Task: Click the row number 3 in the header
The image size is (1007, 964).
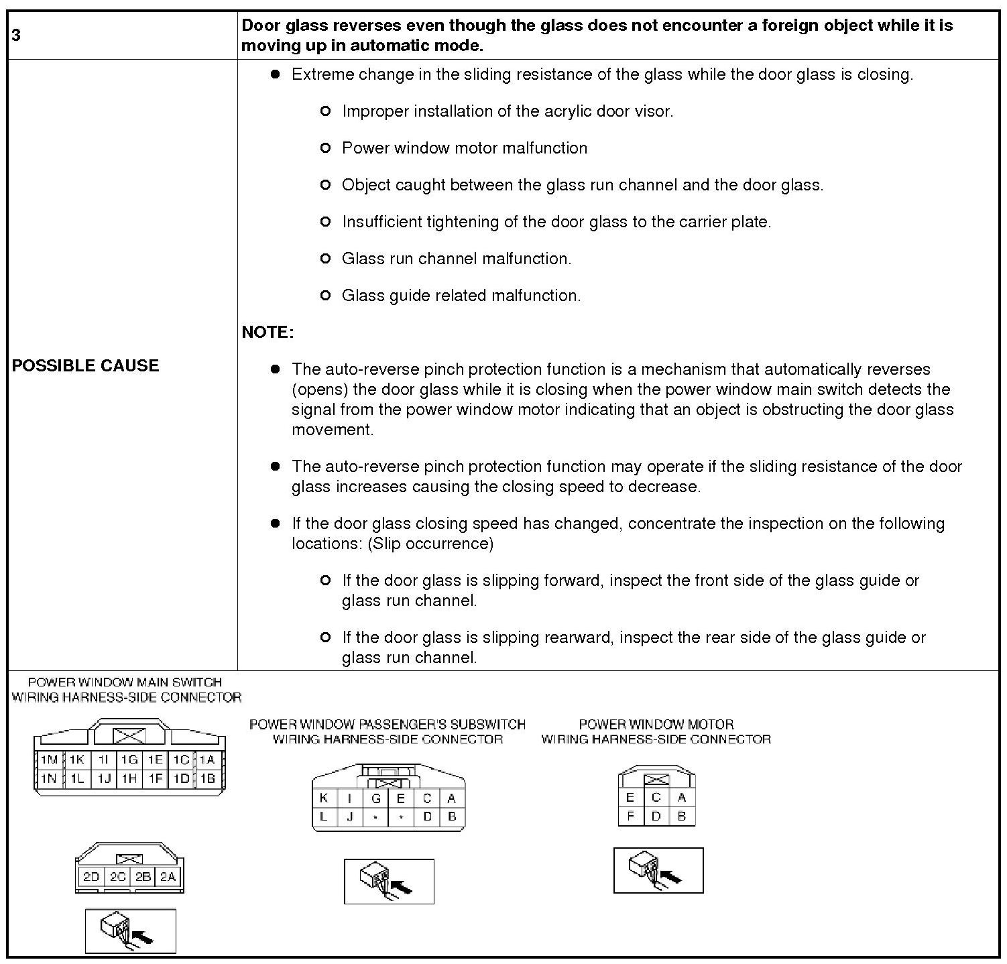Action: click(x=16, y=35)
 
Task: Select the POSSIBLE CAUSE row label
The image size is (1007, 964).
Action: click(x=86, y=365)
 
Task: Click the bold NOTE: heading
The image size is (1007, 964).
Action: click(x=268, y=333)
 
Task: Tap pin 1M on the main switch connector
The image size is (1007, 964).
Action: click(x=49, y=760)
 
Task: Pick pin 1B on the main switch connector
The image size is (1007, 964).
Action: click(x=208, y=778)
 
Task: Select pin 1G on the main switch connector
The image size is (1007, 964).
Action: click(x=129, y=760)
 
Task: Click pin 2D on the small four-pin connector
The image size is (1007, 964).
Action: click(x=91, y=877)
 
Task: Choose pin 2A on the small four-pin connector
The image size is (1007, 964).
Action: click(x=168, y=877)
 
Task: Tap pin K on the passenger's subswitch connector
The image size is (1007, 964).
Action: click(x=324, y=798)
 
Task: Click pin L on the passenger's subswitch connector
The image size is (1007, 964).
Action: click(x=324, y=817)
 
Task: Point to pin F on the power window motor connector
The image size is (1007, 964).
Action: click(x=630, y=816)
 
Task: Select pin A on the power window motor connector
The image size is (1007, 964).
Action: click(x=682, y=797)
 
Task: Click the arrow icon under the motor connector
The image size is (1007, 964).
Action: click(x=658, y=870)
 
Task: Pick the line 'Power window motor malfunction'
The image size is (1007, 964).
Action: click(x=464, y=148)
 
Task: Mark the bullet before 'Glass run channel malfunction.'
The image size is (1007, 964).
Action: click(x=326, y=259)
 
